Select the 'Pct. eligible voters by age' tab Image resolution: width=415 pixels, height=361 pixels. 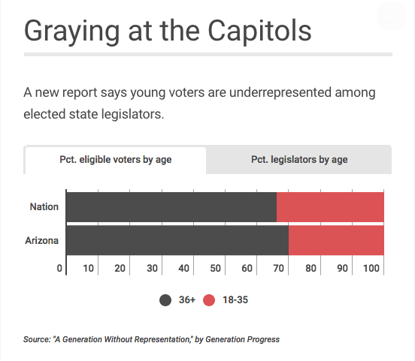coord(115,160)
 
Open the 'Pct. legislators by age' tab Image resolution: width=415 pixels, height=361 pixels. coord(299,160)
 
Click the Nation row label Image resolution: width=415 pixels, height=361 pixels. coord(44,206)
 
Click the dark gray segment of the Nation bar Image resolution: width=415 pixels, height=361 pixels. coord(171,206)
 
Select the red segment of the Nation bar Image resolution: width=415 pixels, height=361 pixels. coord(330,206)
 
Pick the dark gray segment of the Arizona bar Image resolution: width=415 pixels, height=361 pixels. coord(177,241)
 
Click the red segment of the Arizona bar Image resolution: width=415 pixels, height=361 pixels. coord(336,241)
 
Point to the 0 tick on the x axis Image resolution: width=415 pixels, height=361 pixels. coord(60,268)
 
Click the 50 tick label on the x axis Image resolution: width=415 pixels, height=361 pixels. coord(215,268)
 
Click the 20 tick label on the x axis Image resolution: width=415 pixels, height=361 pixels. coord(120,268)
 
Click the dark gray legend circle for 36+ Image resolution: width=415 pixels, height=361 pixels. coord(166,300)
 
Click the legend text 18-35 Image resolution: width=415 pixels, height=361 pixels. coord(235,300)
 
